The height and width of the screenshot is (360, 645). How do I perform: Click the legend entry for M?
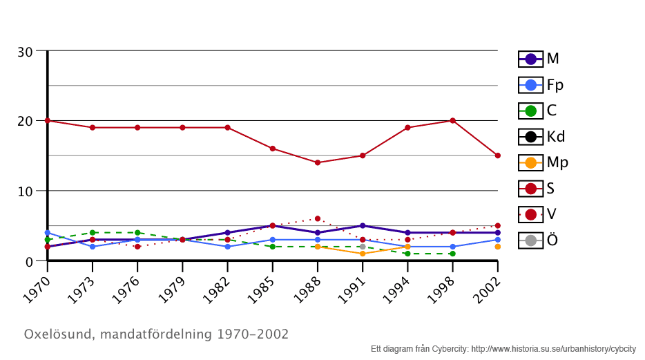(531, 59)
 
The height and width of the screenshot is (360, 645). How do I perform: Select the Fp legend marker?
(531, 85)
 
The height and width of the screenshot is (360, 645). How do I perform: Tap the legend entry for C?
(531, 111)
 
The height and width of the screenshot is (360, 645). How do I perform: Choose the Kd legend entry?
(531, 136)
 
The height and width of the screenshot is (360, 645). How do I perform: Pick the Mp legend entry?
(531, 162)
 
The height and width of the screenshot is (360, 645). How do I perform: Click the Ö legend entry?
(531, 240)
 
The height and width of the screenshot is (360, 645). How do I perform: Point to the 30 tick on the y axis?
(25, 52)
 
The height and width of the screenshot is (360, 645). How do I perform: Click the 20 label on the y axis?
(25, 122)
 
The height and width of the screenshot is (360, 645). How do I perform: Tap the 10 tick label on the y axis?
(25, 191)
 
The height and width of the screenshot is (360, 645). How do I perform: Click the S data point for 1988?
(318, 162)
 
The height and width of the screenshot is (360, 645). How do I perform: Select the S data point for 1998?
(452, 120)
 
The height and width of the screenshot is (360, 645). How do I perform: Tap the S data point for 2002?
(497, 155)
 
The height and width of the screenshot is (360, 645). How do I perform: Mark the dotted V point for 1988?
(318, 218)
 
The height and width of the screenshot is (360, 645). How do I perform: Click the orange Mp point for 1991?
(363, 254)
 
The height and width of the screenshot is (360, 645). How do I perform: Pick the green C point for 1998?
(452, 254)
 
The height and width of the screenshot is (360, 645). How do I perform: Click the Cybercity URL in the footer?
(553, 349)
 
